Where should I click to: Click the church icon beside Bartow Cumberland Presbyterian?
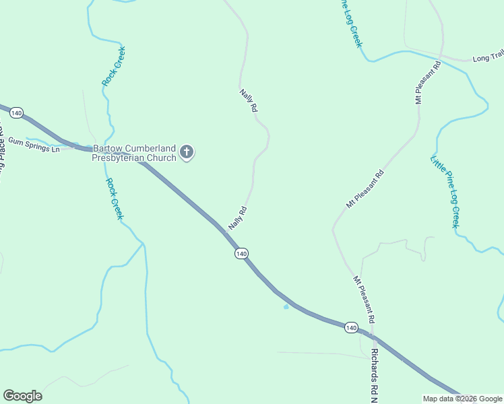[x=187, y=153]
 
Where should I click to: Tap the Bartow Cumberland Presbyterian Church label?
[x=134, y=153]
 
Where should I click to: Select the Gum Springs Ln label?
[x=34, y=145]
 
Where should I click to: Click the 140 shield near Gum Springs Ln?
[x=17, y=112]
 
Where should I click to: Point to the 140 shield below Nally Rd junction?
[x=242, y=253]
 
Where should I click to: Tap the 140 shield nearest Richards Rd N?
[x=350, y=327]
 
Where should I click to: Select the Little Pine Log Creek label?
[x=445, y=192]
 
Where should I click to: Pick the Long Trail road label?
[x=488, y=58]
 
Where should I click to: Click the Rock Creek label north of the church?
[x=114, y=66]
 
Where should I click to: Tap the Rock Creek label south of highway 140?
[x=114, y=199]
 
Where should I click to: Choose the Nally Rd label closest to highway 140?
[x=238, y=218]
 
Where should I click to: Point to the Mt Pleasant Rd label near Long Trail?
[x=428, y=81]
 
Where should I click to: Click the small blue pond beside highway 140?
[x=286, y=307]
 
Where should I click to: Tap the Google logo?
[x=22, y=396]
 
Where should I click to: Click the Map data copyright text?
[x=462, y=399]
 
